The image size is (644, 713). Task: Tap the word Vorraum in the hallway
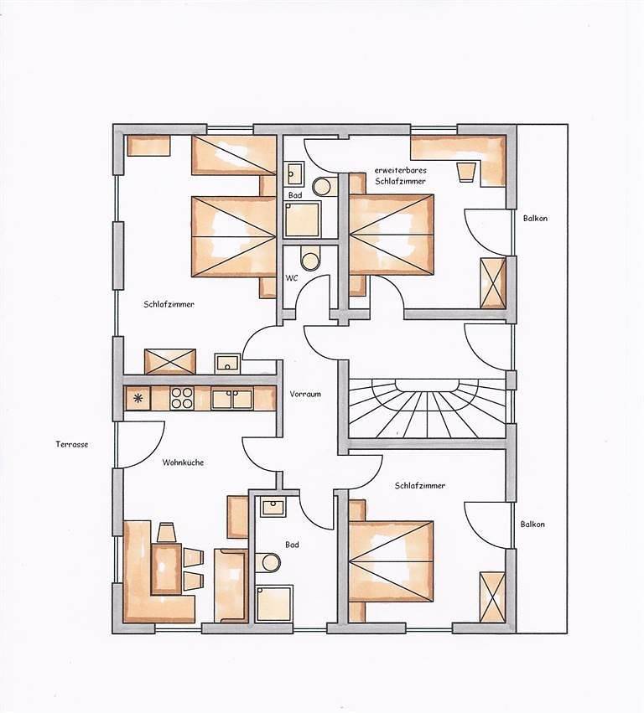pos(306,394)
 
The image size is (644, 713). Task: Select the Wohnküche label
pos(184,462)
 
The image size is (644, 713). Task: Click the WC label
pos(293,276)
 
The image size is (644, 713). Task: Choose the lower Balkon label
pos(532,524)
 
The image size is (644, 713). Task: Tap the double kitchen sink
pos(231,399)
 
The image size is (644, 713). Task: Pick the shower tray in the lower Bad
pos(273,602)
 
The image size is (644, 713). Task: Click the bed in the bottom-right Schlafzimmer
pos(392,561)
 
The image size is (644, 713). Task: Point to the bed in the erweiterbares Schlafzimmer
pos(392,234)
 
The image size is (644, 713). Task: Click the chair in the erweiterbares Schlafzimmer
pos(465,173)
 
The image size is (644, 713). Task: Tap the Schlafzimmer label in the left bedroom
pos(169,304)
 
